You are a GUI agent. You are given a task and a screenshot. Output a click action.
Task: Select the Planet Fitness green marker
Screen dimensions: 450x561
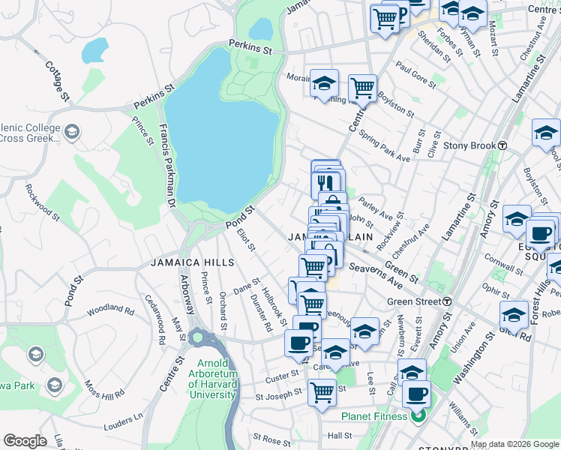coord(419,415)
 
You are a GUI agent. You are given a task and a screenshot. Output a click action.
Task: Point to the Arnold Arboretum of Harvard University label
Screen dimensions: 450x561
coord(212,379)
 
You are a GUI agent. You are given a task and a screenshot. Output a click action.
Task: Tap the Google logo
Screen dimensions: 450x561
coord(25,441)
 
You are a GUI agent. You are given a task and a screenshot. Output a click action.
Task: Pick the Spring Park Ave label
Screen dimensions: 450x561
coord(385,147)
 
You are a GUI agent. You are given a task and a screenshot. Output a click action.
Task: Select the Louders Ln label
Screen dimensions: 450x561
coord(127,417)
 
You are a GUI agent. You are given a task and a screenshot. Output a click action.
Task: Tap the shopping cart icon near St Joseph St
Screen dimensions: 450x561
coord(322,391)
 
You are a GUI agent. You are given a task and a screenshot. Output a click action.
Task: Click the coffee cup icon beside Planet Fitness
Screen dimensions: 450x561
coord(416,393)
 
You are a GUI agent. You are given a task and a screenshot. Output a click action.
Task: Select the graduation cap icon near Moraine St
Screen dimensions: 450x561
coord(325,82)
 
